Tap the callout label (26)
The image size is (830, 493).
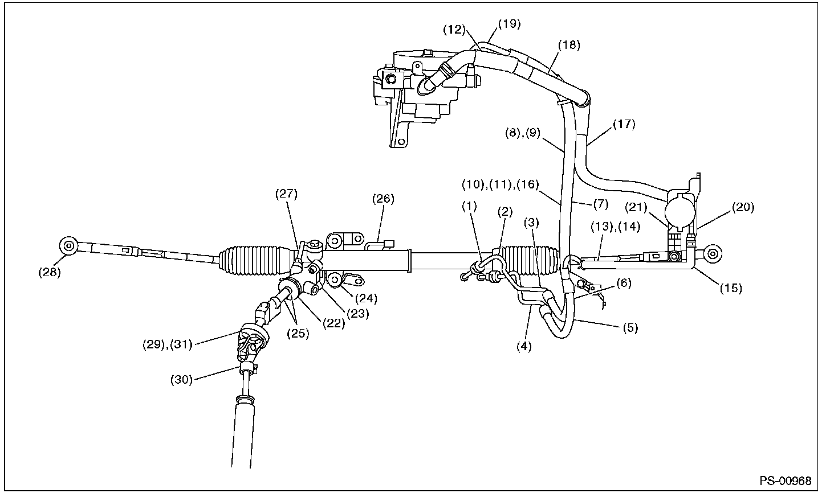(x=383, y=199)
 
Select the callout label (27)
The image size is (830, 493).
(x=287, y=194)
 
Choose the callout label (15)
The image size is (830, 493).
(x=730, y=288)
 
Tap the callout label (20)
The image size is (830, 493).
(x=743, y=208)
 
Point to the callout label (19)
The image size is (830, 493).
(x=509, y=24)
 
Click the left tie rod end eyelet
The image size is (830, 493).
(x=68, y=246)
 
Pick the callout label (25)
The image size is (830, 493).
(x=299, y=334)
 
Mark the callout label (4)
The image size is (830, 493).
(x=523, y=346)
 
